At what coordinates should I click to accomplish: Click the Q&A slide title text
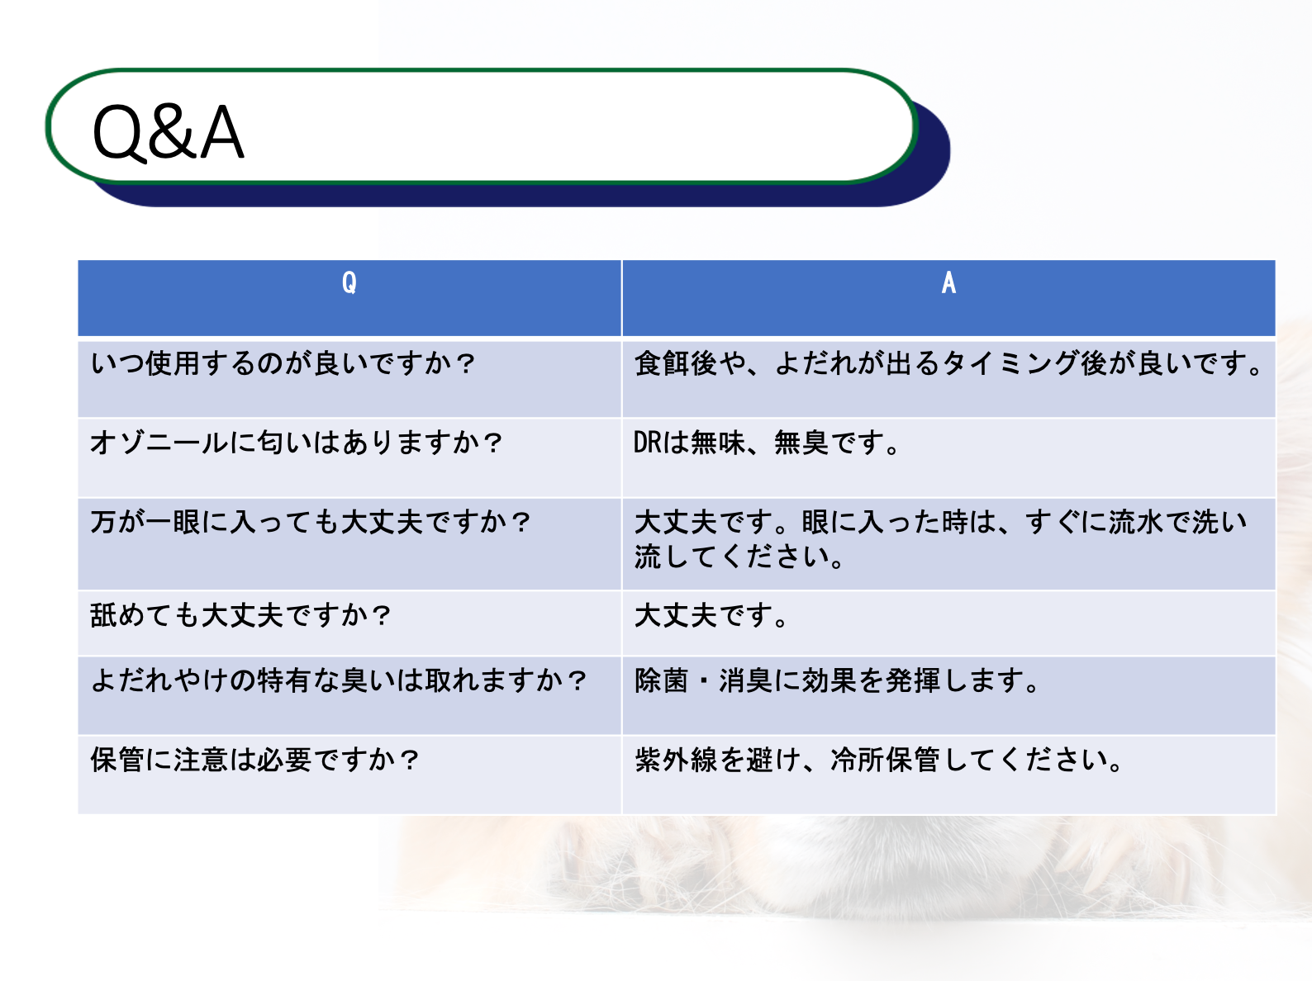[x=168, y=132]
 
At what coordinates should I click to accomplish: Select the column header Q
[x=349, y=282]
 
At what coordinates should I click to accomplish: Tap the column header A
[x=948, y=282]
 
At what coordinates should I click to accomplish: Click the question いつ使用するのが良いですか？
[x=283, y=363]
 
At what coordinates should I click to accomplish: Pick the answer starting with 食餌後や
[x=949, y=363]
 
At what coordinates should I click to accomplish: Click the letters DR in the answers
[x=648, y=443]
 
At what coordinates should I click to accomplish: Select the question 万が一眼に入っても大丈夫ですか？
[x=310, y=522]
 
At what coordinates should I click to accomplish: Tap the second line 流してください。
[x=739, y=557]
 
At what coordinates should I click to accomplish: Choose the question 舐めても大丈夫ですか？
[x=240, y=615]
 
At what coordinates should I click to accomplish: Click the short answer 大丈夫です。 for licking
[x=711, y=615]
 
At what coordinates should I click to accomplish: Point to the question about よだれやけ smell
[x=338, y=680]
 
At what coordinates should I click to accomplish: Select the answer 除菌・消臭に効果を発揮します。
[x=838, y=680]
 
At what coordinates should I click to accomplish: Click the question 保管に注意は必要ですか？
[x=254, y=760]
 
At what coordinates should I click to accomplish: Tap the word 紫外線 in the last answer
[x=676, y=760]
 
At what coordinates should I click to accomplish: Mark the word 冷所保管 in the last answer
[x=885, y=760]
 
